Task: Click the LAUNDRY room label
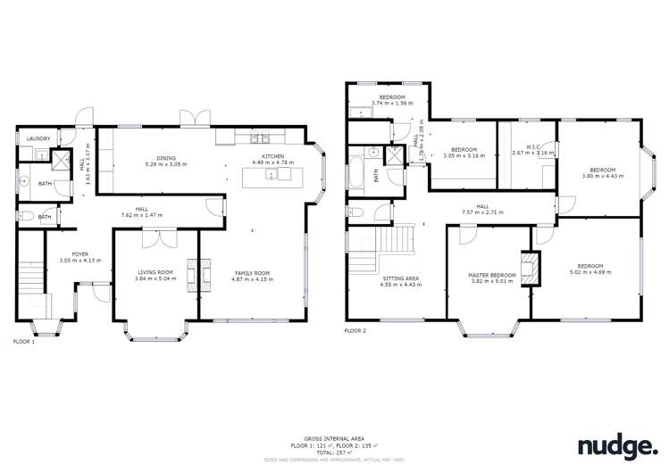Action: coord(38,138)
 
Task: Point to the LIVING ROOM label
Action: coord(155,274)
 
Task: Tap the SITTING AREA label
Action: coord(399,280)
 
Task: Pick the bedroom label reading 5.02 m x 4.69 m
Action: coord(590,269)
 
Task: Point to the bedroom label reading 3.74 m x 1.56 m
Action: coord(392,99)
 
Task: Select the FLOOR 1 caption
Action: coord(24,341)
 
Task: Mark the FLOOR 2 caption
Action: coord(355,331)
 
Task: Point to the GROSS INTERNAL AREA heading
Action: coord(334,438)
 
